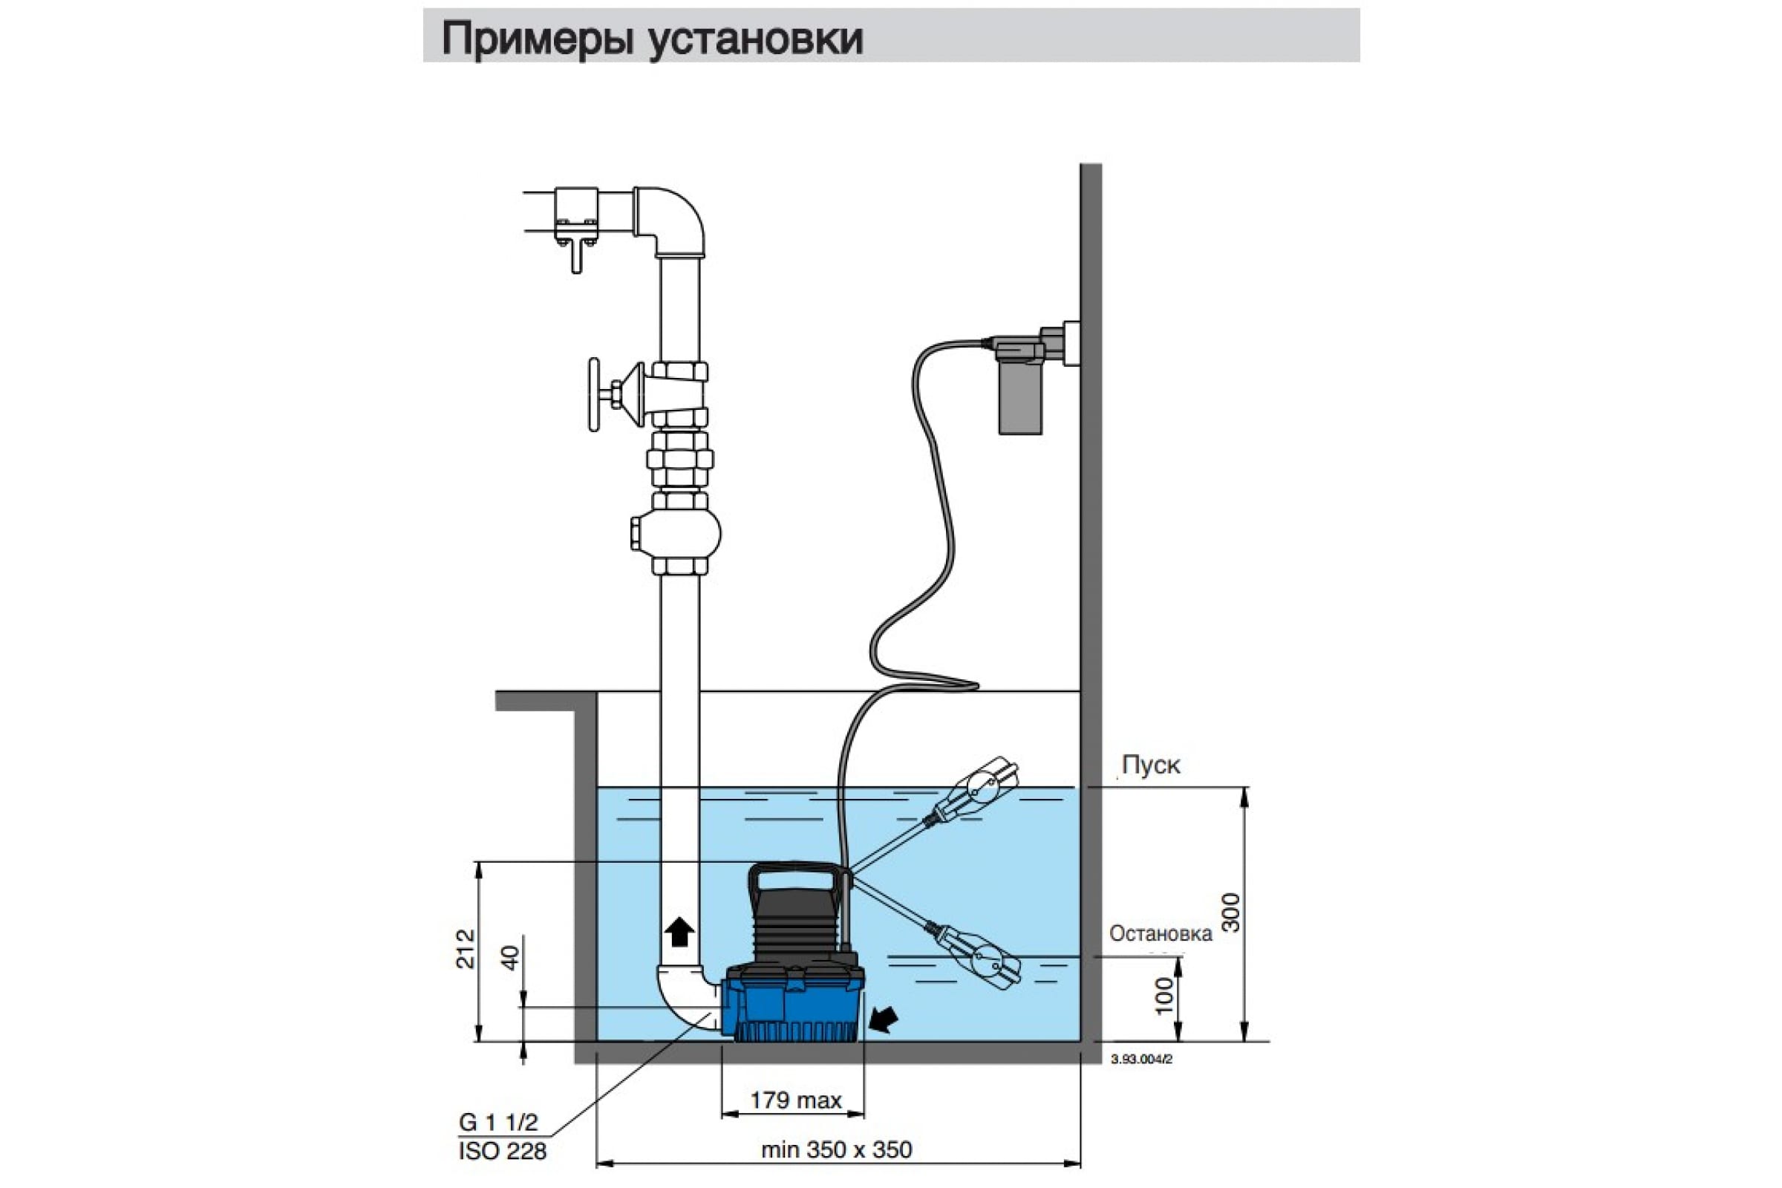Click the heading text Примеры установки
[652, 38]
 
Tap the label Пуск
[1150, 766]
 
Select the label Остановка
[1161, 933]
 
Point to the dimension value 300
[1233, 913]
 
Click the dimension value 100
[1164, 996]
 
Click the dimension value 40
[512, 958]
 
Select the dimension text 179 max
[795, 1100]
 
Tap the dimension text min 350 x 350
[837, 1149]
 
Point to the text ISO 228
[503, 1152]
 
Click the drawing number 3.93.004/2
[1141, 1060]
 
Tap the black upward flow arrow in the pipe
[679, 930]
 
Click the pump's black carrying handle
[795, 881]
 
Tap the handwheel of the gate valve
[595, 395]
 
